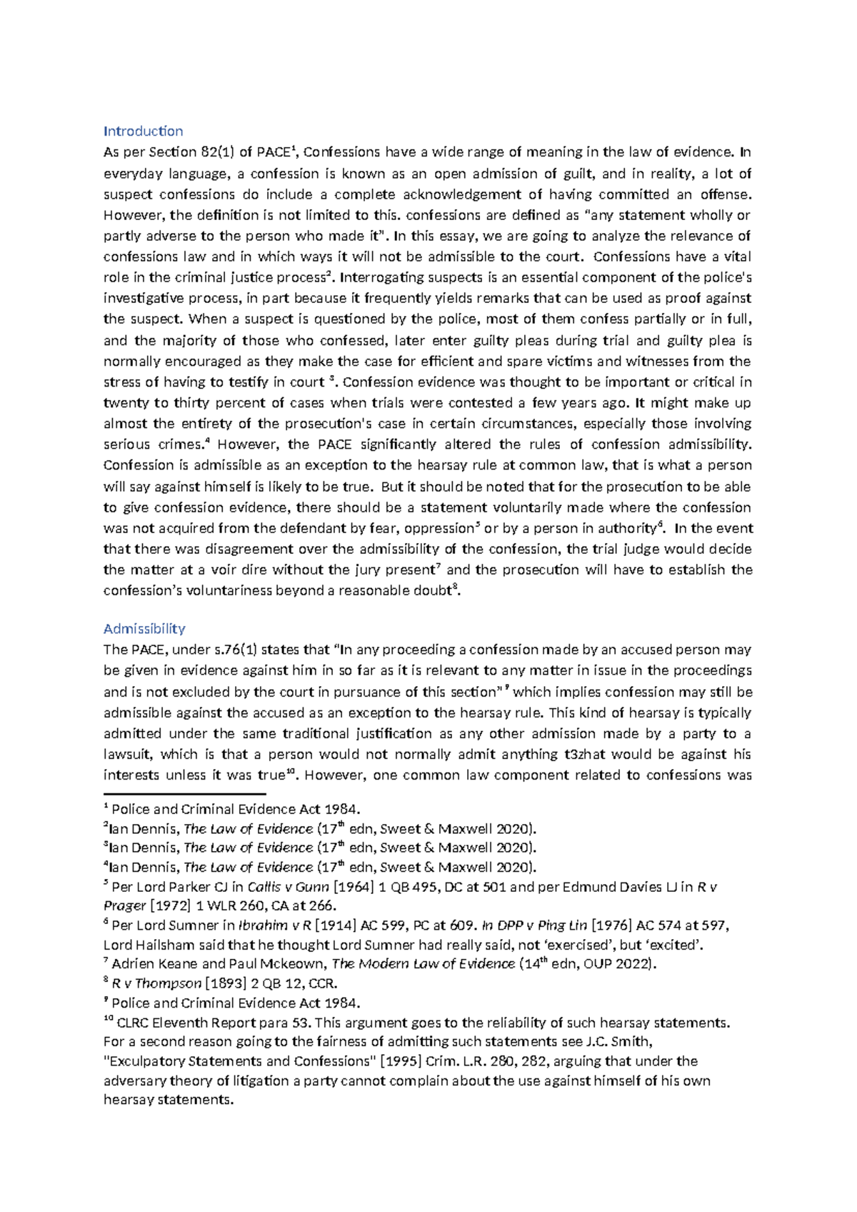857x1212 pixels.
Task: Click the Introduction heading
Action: tap(143, 131)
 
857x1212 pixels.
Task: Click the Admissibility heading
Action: tap(144, 629)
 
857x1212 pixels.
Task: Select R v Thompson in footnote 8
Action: tap(157, 983)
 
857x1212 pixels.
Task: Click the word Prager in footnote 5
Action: tap(124, 906)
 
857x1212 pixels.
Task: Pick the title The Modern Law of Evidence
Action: tap(424, 964)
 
